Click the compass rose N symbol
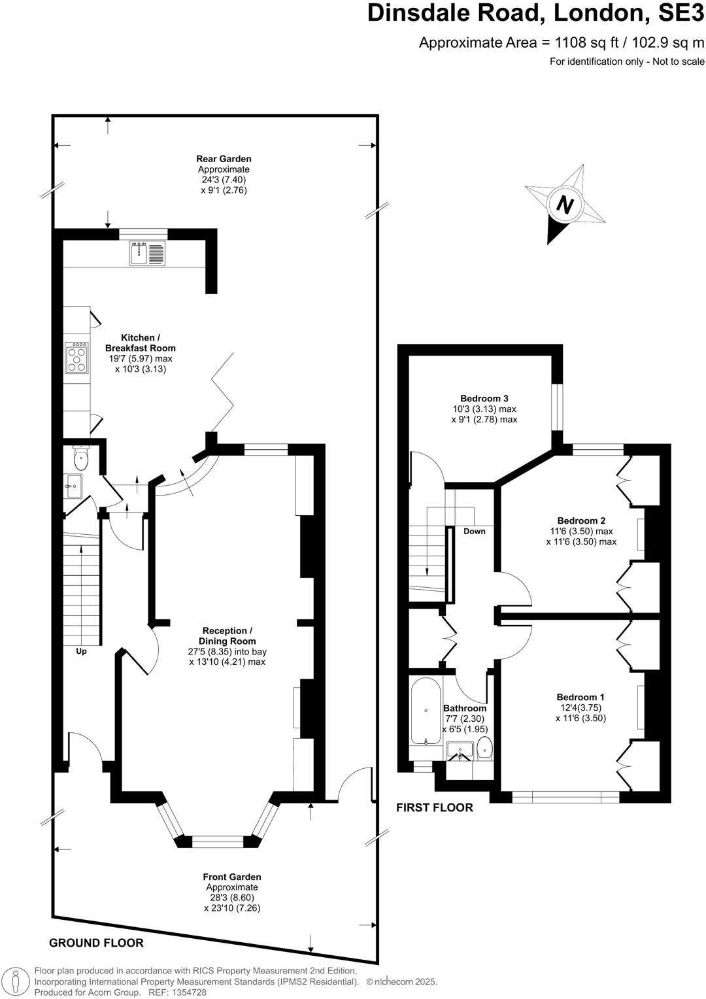tap(564, 205)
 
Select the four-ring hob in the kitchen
tap(76, 359)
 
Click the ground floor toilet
tap(81, 458)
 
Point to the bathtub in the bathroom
tap(426, 711)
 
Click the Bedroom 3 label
tap(484, 398)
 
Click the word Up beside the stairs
tap(81, 651)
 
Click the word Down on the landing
tap(475, 531)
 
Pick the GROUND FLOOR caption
tap(96, 943)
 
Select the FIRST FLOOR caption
tap(434, 808)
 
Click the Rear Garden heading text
tap(224, 159)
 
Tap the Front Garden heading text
tap(231, 877)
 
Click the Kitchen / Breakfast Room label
tap(140, 343)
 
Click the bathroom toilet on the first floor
tap(484, 748)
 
